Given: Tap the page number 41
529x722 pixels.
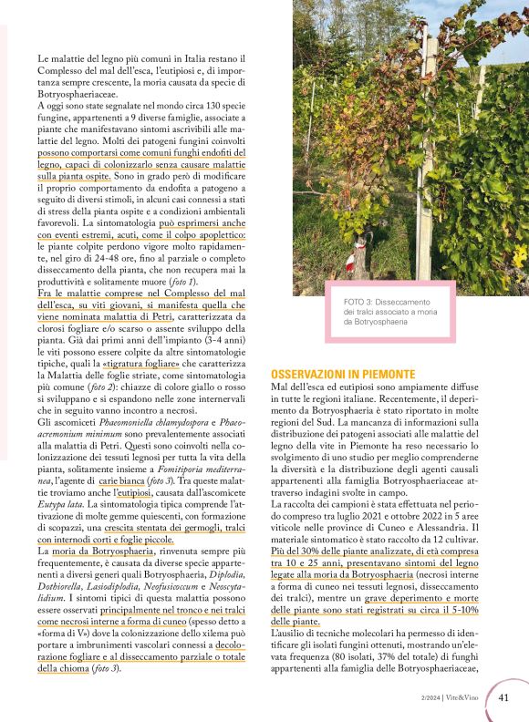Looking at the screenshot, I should click(503, 697).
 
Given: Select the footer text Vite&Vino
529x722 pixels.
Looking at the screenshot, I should click(465, 698).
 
